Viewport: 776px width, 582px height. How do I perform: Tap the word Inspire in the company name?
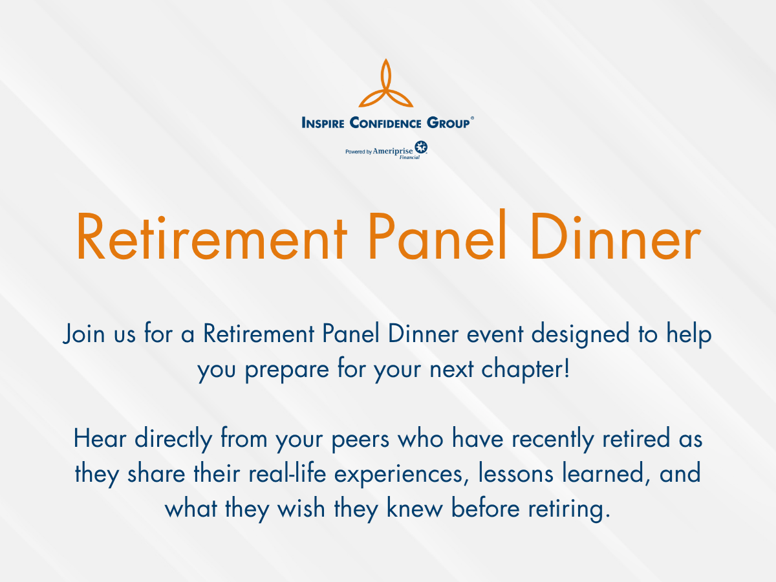coord(323,123)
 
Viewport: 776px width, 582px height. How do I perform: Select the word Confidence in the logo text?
coord(385,123)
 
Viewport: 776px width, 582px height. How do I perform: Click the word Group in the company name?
coord(448,123)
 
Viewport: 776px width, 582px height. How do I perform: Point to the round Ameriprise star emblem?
coord(421,147)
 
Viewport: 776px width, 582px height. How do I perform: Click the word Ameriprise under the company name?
coord(393,151)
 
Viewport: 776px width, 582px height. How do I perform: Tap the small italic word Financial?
coord(409,157)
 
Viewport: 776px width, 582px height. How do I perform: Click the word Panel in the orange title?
coord(437,234)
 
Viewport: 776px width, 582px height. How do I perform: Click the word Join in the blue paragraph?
coord(84,333)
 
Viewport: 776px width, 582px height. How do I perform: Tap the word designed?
coord(580,334)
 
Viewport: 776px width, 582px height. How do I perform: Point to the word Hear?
coord(100,438)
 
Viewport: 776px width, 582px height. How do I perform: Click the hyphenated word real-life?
coord(287,473)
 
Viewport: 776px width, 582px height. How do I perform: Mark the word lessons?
coord(515,473)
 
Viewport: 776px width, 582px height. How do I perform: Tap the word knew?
coord(415,508)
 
